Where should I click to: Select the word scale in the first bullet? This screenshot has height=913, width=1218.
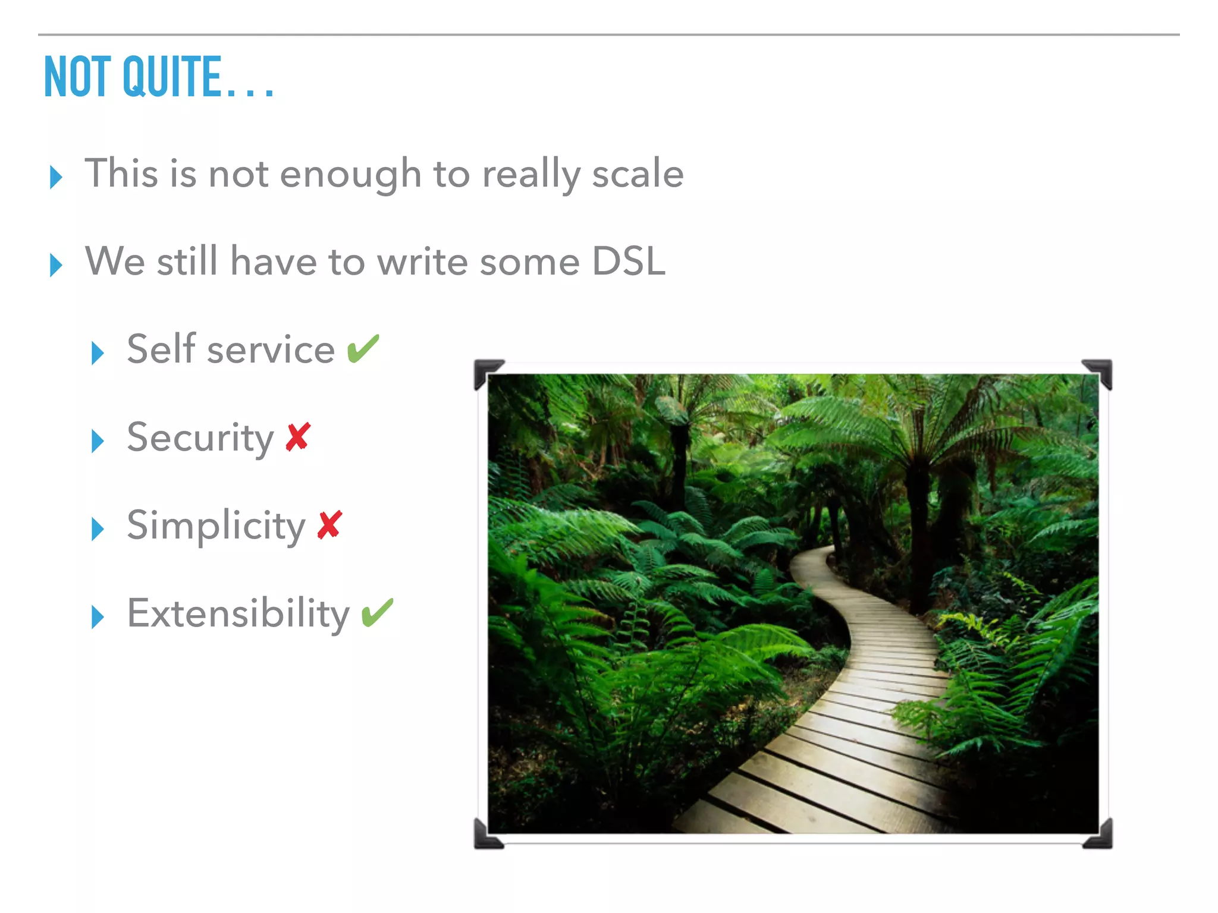click(638, 174)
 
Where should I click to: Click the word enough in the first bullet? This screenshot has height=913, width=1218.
click(350, 175)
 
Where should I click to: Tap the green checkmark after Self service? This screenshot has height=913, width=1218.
click(363, 348)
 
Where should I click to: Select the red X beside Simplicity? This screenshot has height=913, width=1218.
click(329, 525)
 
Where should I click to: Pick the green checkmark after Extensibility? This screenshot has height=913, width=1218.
click(377, 612)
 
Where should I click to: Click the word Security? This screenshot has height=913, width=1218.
click(200, 437)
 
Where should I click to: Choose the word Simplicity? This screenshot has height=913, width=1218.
click(216, 525)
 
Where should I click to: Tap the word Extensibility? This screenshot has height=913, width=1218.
click(238, 613)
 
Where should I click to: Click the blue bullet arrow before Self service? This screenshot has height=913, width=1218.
click(98, 353)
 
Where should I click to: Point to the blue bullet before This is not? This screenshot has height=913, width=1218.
click(56, 177)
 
